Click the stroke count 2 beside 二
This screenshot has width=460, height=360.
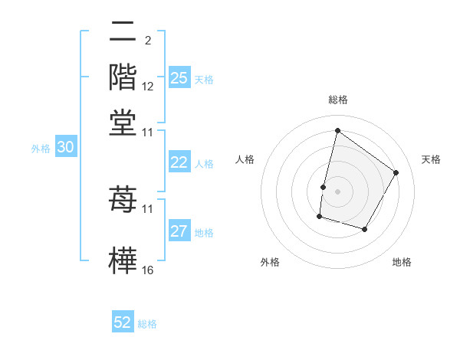click(x=148, y=41)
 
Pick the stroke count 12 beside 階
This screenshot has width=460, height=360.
click(x=148, y=87)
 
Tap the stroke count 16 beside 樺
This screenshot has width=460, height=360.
click(x=148, y=270)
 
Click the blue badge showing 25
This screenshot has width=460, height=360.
click(x=179, y=78)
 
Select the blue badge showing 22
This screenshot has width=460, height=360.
click(x=179, y=162)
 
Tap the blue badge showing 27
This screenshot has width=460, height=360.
click(x=179, y=232)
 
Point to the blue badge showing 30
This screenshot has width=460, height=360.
click(x=65, y=149)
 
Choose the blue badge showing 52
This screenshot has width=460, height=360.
click(x=123, y=322)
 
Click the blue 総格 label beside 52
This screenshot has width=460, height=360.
click(x=147, y=324)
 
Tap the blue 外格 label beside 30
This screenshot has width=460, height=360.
click(x=41, y=149)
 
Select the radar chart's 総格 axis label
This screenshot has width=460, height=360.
click(x=337, y=100)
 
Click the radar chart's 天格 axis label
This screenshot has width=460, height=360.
click(x=431, y=159)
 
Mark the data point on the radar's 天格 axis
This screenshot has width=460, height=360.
click(x=396, y=172)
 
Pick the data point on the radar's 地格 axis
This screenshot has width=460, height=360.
click(x=365, y=229)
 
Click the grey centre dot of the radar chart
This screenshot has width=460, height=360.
click(x=337, y=191)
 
